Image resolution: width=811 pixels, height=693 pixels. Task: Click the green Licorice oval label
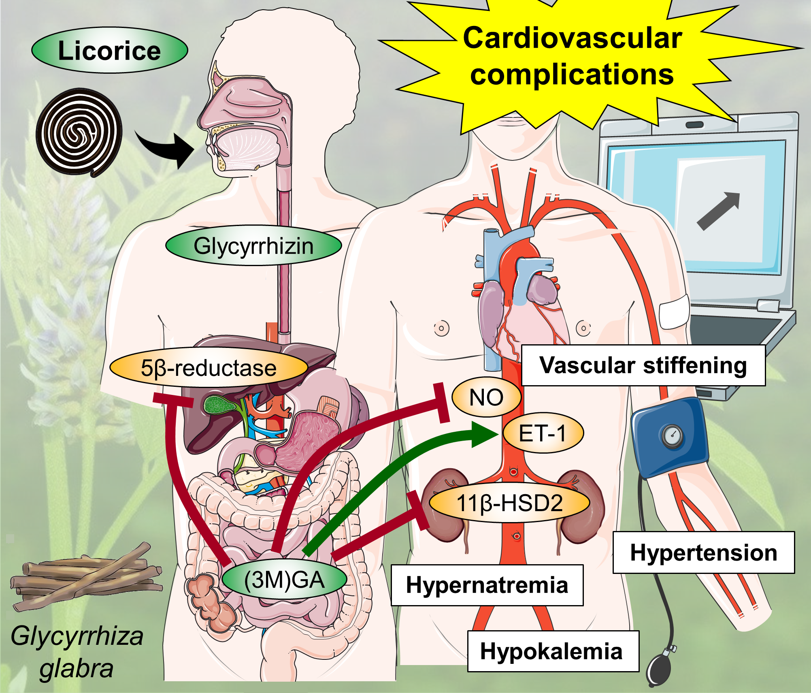pos(109,50)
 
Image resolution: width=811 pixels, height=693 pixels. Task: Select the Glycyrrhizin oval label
pos(253,245)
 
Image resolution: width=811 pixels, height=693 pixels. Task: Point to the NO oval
pos(486,397)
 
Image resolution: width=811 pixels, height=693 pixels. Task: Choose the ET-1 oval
pos(543,433)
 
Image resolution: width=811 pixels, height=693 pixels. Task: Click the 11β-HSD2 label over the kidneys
pos(509,503)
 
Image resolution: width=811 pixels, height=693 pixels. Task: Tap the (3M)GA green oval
pos(284,580)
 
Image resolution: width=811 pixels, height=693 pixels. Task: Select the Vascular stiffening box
pos(643,365)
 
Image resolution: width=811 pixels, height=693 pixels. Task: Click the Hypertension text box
pos(704,552)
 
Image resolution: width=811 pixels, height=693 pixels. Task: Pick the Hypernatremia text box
pos(487,585)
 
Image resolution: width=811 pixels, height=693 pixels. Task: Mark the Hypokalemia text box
pos(553,651)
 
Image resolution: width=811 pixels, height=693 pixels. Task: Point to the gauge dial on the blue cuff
pos(672,436)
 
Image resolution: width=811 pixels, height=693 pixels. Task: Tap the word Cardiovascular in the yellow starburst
pos(572,38)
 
